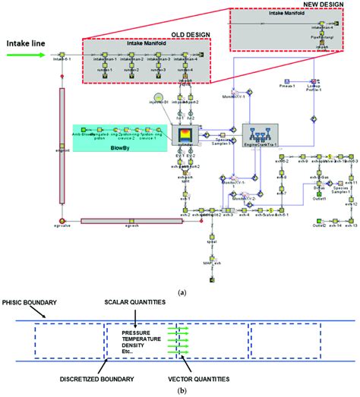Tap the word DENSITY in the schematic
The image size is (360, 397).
(x=135, y=345)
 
